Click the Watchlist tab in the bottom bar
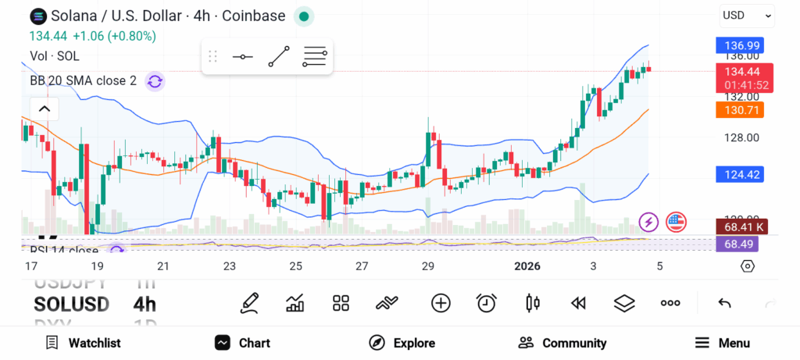click(x=83, y=343)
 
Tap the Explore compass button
click(x=402, y=343)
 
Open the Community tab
click(x=562, y=343)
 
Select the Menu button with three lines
click(x=723, y=343)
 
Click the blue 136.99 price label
click(x=739, y=45)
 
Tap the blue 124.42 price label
click(x=739, y=174)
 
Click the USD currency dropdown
click(x=746, y=15)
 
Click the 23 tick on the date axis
click(x=229, y=266)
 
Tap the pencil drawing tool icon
click(x=250, y=303)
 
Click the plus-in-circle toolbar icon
click(x=441, y=303)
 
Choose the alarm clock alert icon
click(x=487, y=303)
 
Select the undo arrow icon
click(x=724, y=303)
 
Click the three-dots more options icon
click(x=670, y=303)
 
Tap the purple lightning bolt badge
click(x=648, y=223)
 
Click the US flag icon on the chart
click(x=676, y=223)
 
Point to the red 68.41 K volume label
click(x=739, y=227)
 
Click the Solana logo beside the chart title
click(x=37, y=16)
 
